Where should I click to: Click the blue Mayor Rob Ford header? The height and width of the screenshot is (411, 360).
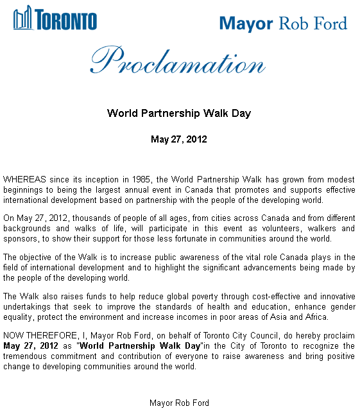(x=283, y=24)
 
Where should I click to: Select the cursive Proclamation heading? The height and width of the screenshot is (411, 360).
(x=178, y=62)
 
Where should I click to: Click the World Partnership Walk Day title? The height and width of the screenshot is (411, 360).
(x=179, y=114)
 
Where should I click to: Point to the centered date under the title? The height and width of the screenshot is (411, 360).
(x=179, y=139)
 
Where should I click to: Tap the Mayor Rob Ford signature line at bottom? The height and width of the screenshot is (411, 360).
(x=179, y=403)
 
